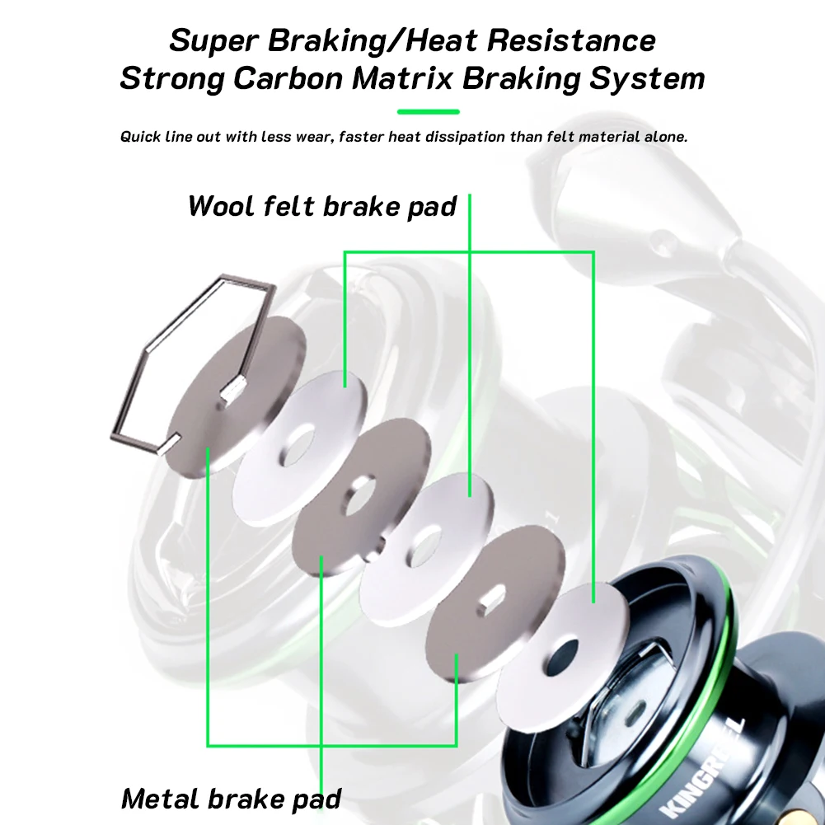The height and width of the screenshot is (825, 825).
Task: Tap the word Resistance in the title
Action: pyautogui.click(x=568, y=40)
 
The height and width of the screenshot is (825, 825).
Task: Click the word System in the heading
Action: pyautogui.click(x=651, y=79)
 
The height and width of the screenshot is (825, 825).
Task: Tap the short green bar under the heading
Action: pyautogui.click(x=428, y=111)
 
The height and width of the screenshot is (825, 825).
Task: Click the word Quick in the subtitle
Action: pyautogui.click(x=142, y=137)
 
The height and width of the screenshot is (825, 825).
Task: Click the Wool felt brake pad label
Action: pyautogui.click(x=321, y=205)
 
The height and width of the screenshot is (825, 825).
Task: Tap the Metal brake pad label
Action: pyautogui.click(x=231, y=798)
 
